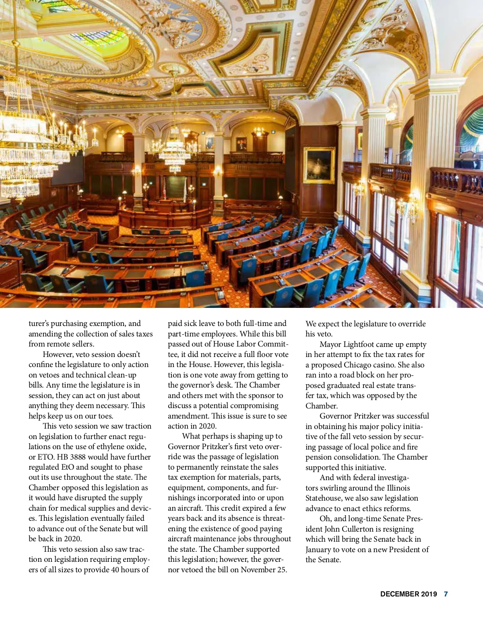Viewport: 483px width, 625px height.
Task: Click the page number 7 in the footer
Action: (x=446, y=594)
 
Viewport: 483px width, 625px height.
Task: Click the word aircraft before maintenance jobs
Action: (x=181, y=539)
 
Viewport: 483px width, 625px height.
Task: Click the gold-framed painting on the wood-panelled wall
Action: (x=319, y=165)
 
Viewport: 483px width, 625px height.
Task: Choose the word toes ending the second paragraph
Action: (x=105, y=416)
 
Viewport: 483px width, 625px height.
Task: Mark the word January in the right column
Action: (x=318, y=550)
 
